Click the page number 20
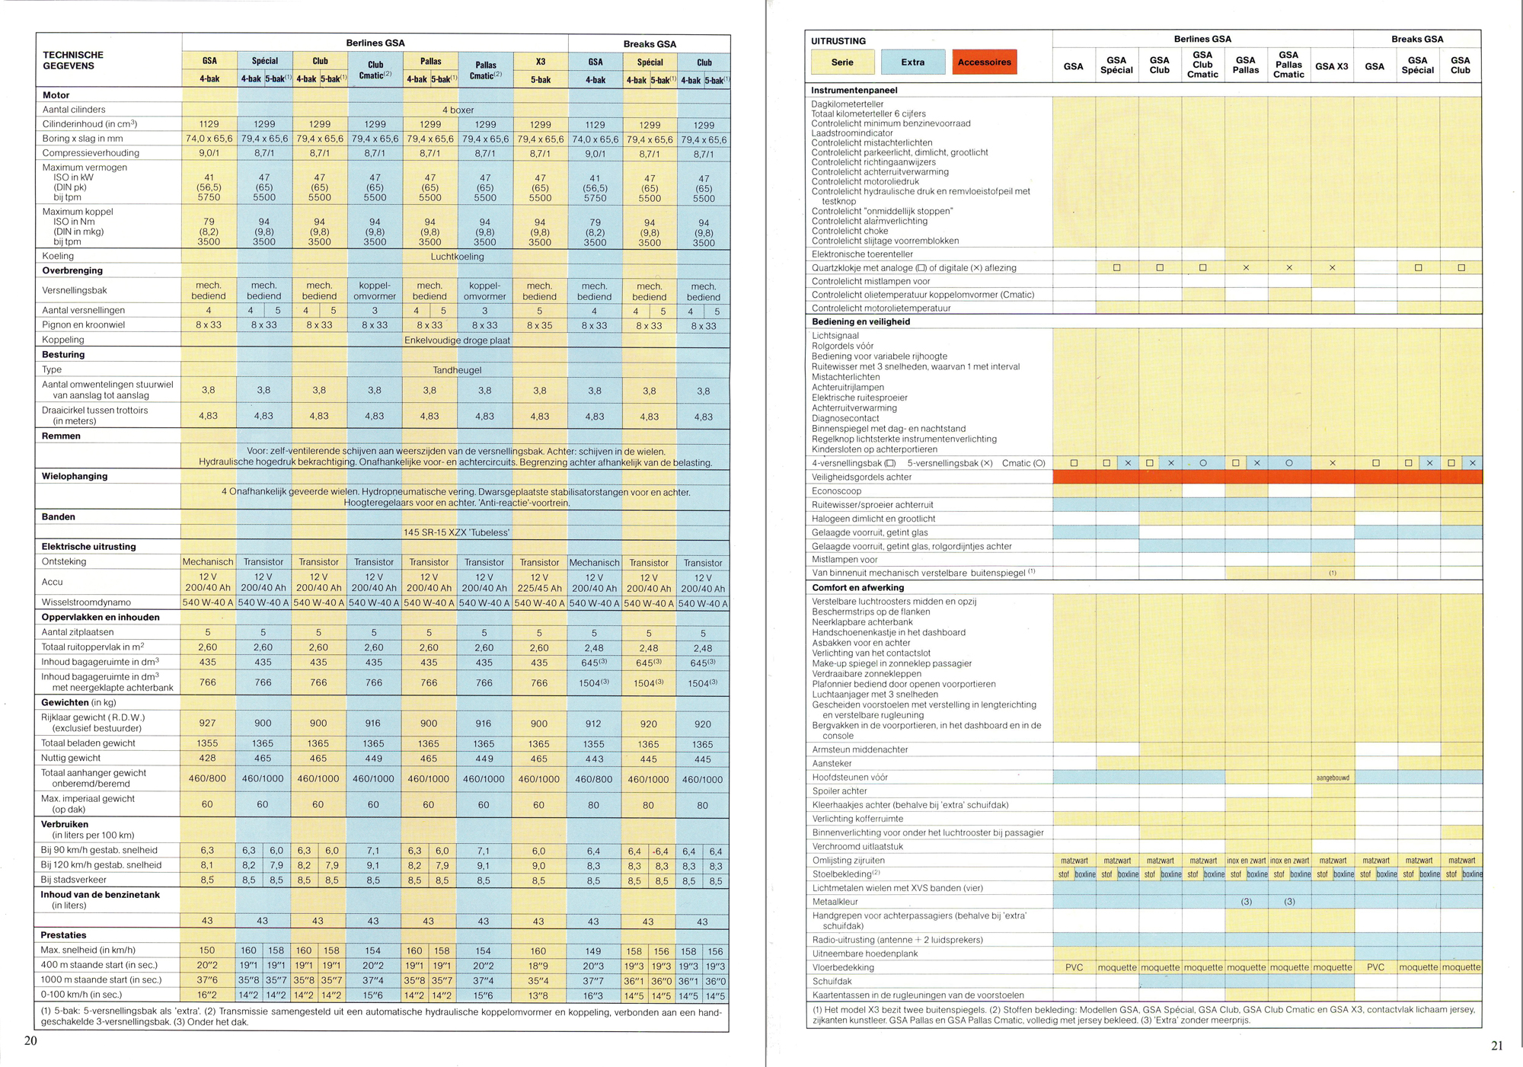30,1040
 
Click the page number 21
1496,1046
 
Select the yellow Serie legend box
842,62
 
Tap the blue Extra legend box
912,62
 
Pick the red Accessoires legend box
984,62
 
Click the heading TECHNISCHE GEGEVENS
73,60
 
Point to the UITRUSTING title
838,41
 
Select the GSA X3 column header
1331,66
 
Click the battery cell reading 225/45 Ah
539,588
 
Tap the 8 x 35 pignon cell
539,325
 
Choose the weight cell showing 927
207,723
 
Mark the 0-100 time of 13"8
538,995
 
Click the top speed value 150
207,950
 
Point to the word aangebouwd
1333,778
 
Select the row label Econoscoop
836,491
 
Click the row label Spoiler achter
839,791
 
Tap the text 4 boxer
458,110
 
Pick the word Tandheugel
457,370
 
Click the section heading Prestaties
63,935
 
